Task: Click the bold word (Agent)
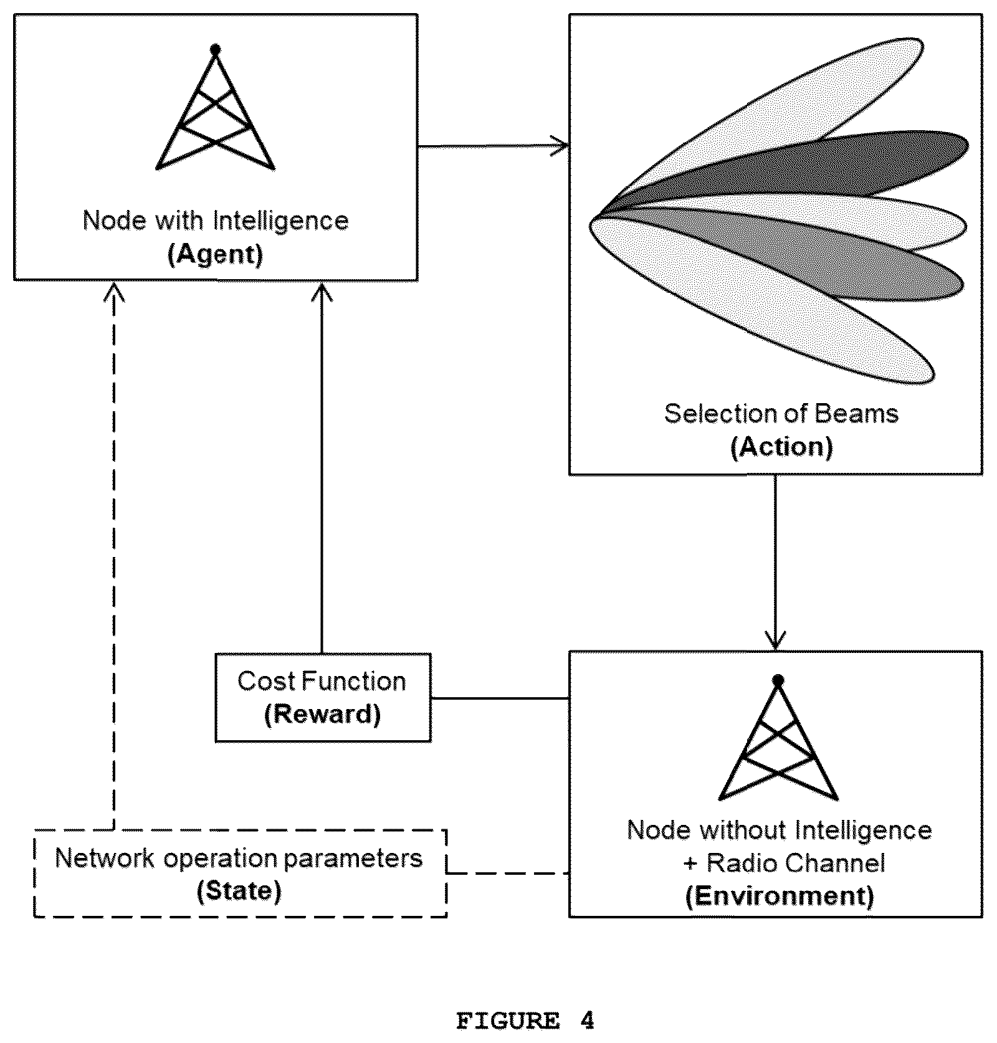pos(216,255)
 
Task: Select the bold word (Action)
pos(781,447)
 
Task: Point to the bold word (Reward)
pos(322,714)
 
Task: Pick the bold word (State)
pos(239,891)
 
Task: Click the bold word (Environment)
pos(780,896)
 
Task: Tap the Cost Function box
pos(323,697)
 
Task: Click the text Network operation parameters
pos(239,859)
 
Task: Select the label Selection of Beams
pos(781,414)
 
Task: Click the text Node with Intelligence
pos(216,221)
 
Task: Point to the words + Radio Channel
pos(784,863)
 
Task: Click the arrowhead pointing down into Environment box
pos(775,641)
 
